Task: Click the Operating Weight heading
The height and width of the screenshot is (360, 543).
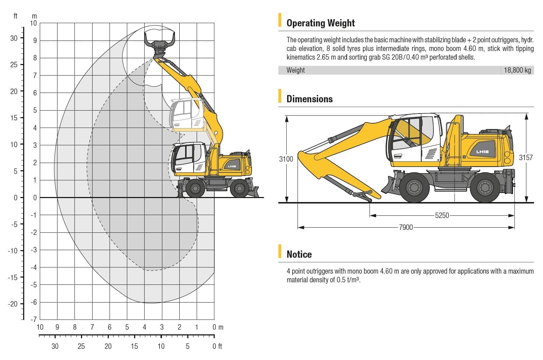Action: point(320,23)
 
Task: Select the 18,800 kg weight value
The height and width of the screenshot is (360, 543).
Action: point(517,70)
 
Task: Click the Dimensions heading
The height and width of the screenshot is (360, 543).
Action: point(309,99)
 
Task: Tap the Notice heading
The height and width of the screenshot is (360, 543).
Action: point(299,254)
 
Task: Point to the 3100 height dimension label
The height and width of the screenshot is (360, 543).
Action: point(286,159)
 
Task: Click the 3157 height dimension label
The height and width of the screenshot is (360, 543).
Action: point(526,158)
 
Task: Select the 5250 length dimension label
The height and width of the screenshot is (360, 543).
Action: point(442,215)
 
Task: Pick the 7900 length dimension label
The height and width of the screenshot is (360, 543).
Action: point(406,227)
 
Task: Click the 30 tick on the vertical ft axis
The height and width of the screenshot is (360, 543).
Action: point(14,38)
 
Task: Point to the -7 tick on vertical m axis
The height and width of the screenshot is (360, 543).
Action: point(34,320)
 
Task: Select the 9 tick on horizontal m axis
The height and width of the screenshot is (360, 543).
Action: point(57,327)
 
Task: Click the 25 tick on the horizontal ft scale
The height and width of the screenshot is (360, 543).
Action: point(81,346)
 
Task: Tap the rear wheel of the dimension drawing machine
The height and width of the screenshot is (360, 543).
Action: point(485,188)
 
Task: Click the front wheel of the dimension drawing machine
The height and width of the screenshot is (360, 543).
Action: point(414,188)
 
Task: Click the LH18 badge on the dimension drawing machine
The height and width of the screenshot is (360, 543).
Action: point(482,152)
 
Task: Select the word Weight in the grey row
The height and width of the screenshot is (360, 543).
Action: point(295,70)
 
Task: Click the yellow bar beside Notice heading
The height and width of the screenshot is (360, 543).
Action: point(280,251)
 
